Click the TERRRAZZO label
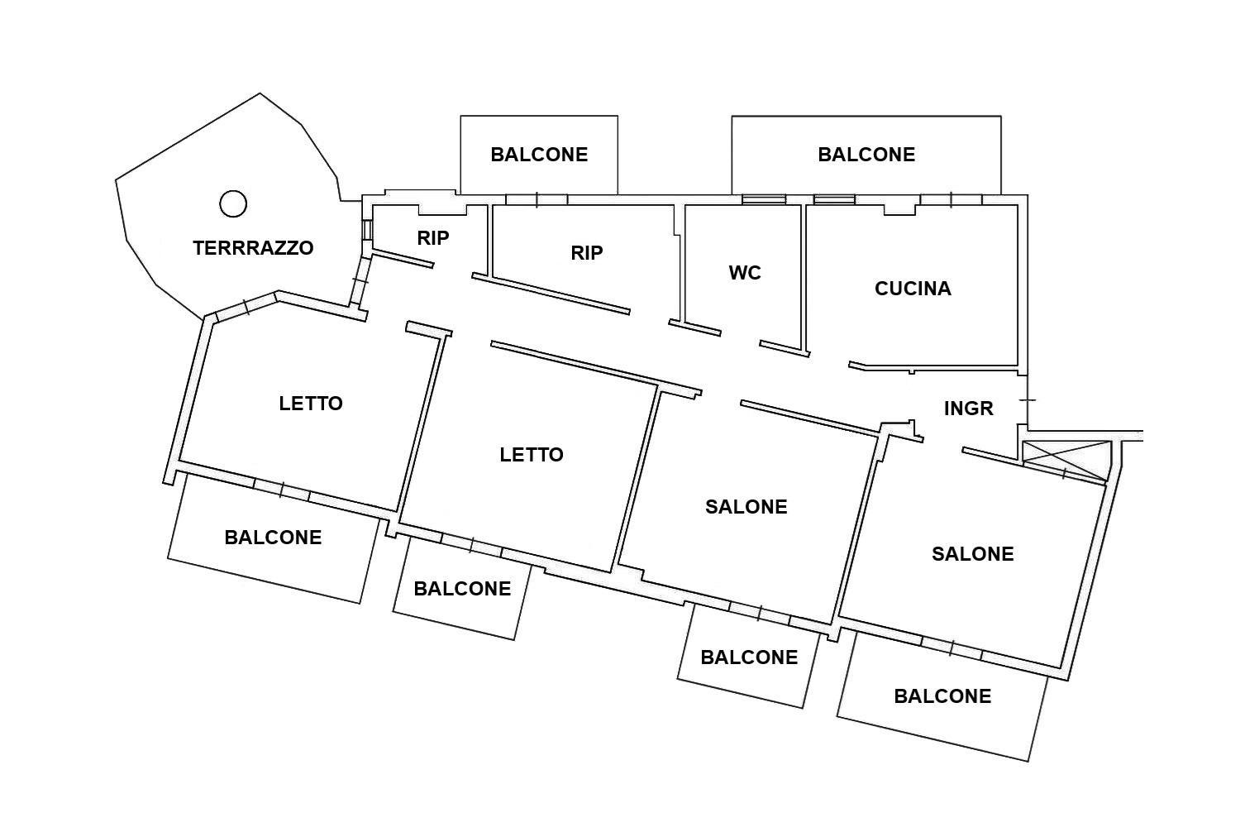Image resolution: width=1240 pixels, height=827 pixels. click(253, 247)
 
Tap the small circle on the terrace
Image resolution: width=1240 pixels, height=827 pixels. click(233, 203)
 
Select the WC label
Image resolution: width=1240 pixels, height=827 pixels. click(745, 273)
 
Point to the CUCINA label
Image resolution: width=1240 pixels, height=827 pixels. click(913, 289)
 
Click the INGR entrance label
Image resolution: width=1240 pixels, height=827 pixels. click(968, 409)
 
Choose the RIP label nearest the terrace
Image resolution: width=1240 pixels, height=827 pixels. click(433, 237)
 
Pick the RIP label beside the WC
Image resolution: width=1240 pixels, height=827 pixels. click(587, 252)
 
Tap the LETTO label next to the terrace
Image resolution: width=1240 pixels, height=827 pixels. click(311, 404)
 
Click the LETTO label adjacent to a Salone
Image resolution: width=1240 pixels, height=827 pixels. click(532, 455)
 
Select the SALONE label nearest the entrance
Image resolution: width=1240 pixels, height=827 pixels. click(973, 554)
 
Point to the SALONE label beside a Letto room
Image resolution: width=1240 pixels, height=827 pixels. click(746, 507)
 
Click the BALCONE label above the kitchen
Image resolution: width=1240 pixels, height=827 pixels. click(866, 155)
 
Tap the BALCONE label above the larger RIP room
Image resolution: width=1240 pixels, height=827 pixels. click(539, 155)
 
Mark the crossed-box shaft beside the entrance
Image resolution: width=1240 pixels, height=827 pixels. click(1066, 461)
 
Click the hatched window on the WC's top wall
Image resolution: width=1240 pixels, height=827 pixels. click(764, 199)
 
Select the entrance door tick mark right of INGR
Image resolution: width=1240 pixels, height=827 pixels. click(1028, 400)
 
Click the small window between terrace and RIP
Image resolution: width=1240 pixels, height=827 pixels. click(366, 230)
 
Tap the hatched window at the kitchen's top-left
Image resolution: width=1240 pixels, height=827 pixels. click(834, 199)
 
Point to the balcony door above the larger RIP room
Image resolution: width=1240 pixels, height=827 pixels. click(537, 199)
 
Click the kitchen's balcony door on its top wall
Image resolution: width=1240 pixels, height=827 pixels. click(951, 199)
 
